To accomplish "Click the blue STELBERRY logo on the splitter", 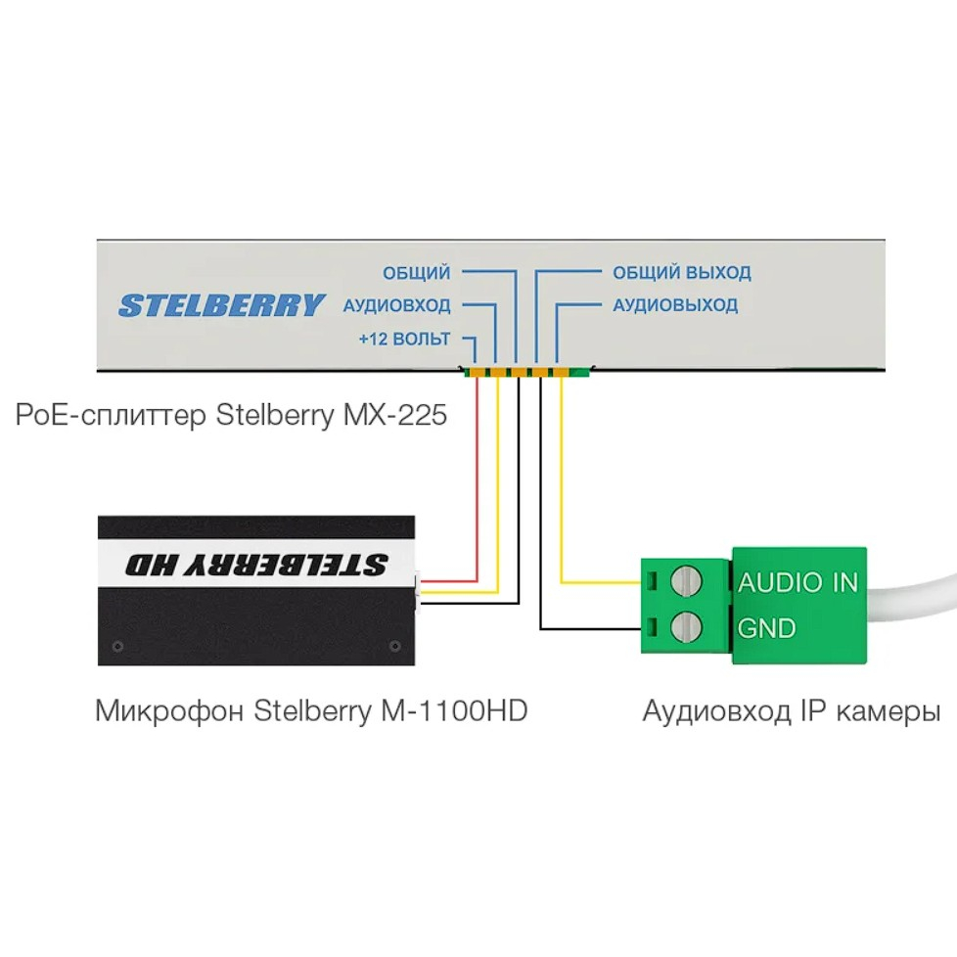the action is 221,305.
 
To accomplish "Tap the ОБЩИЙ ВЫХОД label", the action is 682,272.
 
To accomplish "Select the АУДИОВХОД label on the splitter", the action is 396,304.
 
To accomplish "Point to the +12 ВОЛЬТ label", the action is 405,339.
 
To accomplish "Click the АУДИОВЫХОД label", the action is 675,304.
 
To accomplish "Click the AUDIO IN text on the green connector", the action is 797,582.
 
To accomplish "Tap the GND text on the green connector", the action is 766,628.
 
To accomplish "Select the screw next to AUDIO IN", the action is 686,581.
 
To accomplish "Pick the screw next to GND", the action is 686,627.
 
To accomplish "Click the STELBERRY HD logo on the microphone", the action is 256,565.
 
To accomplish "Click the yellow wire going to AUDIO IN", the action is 562,488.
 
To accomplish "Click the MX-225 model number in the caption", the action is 395,415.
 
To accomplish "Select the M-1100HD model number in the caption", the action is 454,710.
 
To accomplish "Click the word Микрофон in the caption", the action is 169,711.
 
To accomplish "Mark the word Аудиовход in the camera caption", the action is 717,711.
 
